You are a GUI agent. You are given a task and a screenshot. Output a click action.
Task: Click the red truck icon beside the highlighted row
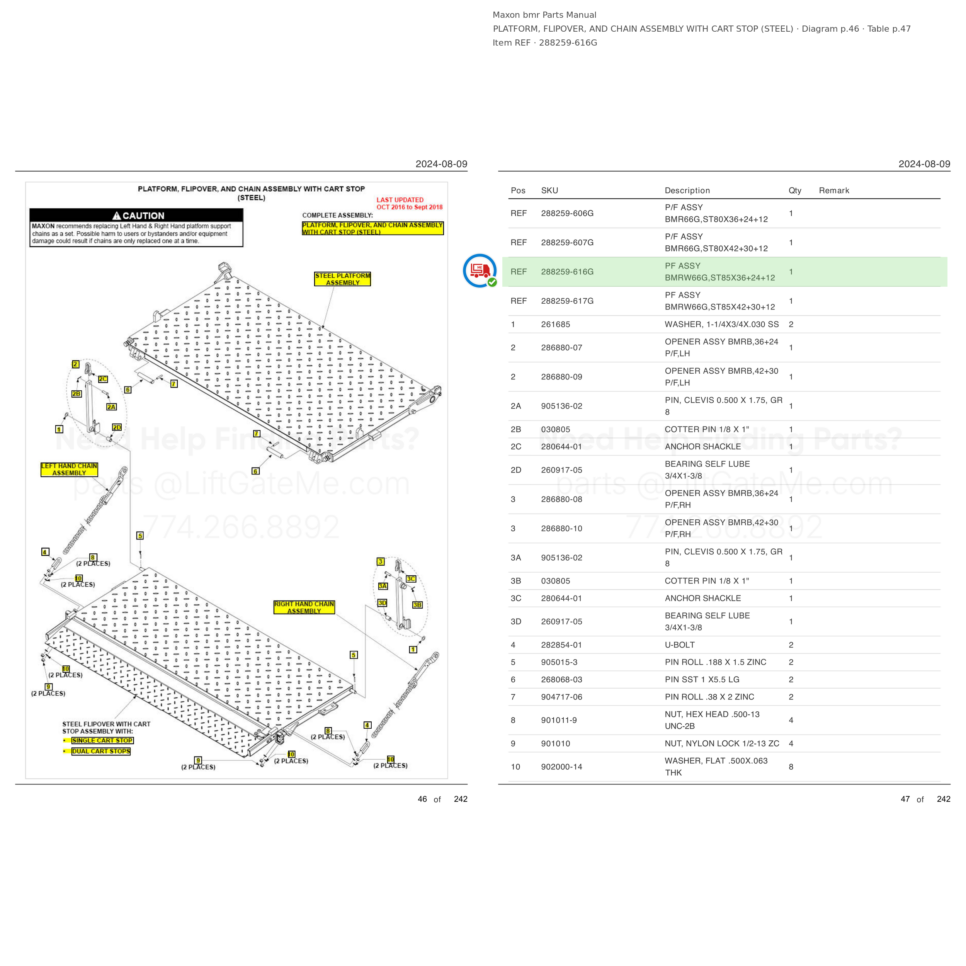point(480,270)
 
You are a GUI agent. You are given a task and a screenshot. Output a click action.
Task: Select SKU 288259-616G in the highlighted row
point(567,272)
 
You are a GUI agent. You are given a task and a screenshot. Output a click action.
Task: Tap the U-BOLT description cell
point(680,645)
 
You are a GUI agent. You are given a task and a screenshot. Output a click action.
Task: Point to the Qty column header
point(795,190)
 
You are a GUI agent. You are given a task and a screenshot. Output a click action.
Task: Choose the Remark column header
point(834,190)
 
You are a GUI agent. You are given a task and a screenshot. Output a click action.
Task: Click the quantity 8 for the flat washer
point(791,767)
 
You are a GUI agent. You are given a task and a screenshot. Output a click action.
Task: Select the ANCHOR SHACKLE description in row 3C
point(702,598)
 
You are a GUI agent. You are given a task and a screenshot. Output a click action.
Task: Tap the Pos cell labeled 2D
point(516,470)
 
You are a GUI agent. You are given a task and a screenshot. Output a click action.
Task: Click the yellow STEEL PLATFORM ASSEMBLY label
point(342,279)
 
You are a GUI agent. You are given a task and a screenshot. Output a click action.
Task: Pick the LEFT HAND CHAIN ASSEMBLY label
point(69,469)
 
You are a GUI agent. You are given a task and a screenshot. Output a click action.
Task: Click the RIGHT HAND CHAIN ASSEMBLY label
point(304,607)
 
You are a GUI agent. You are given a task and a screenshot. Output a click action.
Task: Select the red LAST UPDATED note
point(410,204)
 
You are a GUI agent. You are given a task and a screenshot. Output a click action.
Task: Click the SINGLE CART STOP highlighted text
point(102,740)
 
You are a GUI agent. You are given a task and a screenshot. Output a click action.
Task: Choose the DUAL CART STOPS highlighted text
point(100,751)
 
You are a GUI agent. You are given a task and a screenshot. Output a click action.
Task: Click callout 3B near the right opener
point(417,605)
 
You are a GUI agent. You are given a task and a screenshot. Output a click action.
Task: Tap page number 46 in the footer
point(422,799)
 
